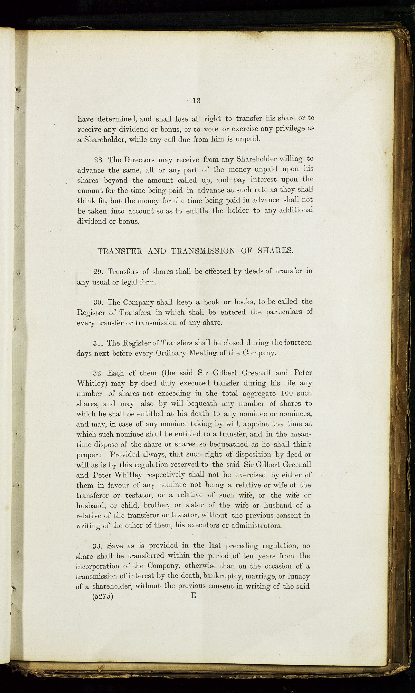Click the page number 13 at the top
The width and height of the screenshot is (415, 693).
coord(197,101)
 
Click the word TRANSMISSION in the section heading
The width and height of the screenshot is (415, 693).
coord(203,251)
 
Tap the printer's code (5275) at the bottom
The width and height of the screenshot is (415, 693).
coord(103,596)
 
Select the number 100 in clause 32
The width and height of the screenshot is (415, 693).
coord(287,393)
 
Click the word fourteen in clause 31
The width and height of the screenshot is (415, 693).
coord(298,343)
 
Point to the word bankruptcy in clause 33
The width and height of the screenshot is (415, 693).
coord(224,576)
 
